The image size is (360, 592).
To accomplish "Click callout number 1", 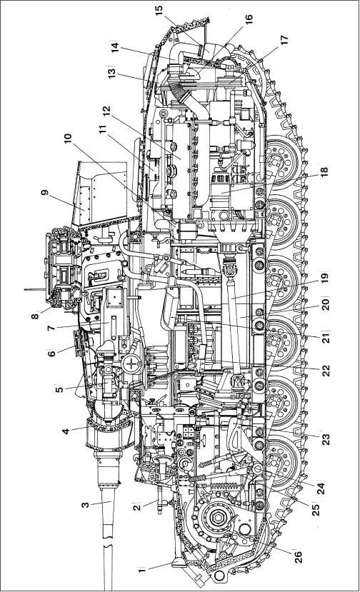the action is (x=141, y=571).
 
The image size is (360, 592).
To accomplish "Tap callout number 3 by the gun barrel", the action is (x=86, y=504).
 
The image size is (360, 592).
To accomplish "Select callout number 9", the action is (x=45, y=193).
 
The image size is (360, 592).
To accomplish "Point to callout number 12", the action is (x=106, y=110).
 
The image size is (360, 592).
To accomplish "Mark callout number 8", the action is (x=35, y=314).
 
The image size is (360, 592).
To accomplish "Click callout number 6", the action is (x=51, y=353).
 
